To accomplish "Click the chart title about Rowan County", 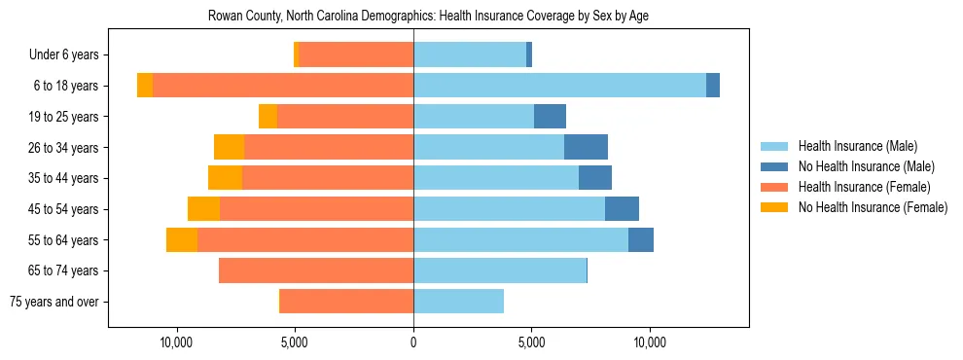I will pyautogui.click(x=428, y=17).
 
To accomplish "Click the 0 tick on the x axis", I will pyautogui.click(x=413, y=342).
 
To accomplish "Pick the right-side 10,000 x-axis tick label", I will pyautogui.click(x=649, y=342).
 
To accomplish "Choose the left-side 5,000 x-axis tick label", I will pyautogui.click(x=295, y=342).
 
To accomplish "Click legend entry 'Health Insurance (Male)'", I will pyautogui.click(x=857, y=146).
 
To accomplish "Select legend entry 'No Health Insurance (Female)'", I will pyautogui.click(x=873, y=207).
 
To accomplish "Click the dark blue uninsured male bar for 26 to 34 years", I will pyautogui.click(x=586, y=147).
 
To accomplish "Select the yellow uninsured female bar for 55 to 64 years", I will pyautogui.click(x=182, y=239).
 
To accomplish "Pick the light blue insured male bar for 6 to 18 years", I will pyautogui.click(x=559, y=86).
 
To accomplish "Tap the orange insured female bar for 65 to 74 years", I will pyautogui.click(x=316, y=270).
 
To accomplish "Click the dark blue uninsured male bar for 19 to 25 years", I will pyautogui.click(x=550, y=117).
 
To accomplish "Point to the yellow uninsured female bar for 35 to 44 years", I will pyautogui.click(x=225, y=178).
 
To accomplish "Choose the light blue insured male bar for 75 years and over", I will pyautogui.click(x=458, y=302).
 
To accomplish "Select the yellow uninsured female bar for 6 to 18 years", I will pyautogui.click(x=145, y=86).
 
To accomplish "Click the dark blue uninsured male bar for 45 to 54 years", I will pyautogui.click(x=622, y=209).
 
